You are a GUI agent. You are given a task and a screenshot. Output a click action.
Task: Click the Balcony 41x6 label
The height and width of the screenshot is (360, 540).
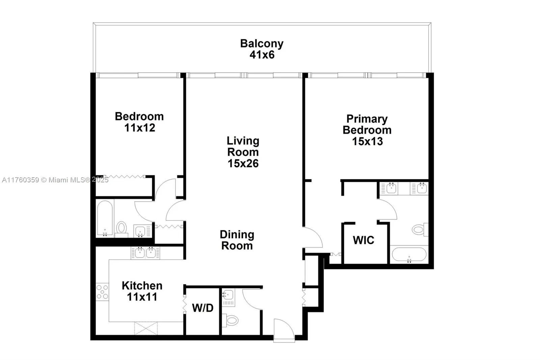[262, 49]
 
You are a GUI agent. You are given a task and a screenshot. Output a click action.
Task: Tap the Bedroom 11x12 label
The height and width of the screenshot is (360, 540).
[139, 122]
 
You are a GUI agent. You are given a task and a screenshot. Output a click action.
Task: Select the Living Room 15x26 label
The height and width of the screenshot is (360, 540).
[243, 152]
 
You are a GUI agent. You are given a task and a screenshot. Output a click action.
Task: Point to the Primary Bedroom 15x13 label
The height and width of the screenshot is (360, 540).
[367, 130]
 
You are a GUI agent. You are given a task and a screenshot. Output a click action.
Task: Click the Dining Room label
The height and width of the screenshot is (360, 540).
[237, 240]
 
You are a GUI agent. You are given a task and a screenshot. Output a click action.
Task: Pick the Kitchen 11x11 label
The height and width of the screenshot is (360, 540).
[142, 291]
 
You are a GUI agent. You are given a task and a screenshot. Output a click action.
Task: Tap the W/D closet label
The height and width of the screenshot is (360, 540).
[202, 308]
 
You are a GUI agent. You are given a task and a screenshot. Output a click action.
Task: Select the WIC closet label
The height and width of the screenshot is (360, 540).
[363, 240]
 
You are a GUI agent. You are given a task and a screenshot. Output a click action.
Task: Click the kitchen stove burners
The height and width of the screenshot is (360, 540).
[102, 292]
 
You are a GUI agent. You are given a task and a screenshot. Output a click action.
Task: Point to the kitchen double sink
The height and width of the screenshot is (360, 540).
[145, 253]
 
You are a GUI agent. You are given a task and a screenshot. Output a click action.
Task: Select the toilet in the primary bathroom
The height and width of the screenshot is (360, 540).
[419, 230]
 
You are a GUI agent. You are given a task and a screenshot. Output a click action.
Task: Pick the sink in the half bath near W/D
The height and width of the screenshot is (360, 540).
[228, 295]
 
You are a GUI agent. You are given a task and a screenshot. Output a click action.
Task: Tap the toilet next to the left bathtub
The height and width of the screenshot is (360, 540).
[121, 228]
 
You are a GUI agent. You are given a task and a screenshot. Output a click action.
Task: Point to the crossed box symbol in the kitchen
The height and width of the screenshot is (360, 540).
[146, 329]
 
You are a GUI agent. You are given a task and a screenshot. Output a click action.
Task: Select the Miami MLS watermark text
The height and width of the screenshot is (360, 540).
[55, 180]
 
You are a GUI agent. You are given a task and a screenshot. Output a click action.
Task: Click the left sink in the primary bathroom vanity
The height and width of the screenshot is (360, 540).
[391, 188]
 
